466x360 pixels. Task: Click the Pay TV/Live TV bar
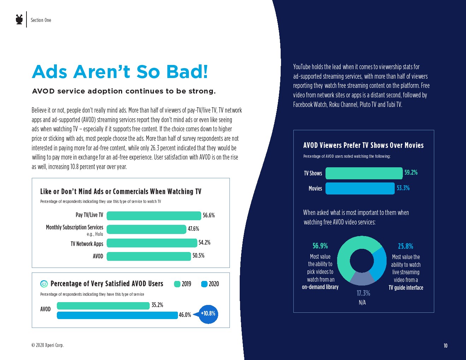click(x=154, y=216)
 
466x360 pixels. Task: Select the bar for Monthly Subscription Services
click(x=146, y=229)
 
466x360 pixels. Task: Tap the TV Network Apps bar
click(x=152, y=243)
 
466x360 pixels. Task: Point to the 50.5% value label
click(x=198, y=256)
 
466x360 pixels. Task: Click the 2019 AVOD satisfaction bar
click(x=103, y=306)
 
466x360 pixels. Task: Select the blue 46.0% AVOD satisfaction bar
click(x=117, y=315)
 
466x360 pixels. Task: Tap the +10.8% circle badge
click(x=208, y=314)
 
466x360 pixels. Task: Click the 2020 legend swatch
click(x=204, y=284)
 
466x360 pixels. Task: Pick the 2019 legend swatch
click(x=177, y=284)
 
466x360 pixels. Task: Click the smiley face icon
click(x=44, y=284)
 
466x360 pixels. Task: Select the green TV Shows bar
click(x=364, y=173)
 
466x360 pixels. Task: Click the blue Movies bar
click(x=360, y=188)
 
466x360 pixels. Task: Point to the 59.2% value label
click(x=411, y=173)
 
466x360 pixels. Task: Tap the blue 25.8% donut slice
click(x=380, y=263)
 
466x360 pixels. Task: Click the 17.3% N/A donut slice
click(x=362, y=278)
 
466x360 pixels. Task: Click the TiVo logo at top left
click(x=19, y=19)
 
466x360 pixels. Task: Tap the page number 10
click(x=446, y=346)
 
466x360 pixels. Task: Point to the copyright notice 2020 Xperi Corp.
click(x=48, y=345)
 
